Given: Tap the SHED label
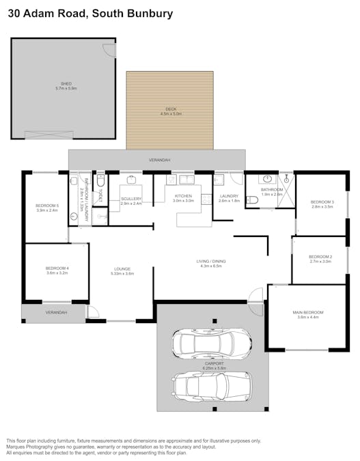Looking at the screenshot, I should [x=66, y=85].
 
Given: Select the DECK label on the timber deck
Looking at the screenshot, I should [x=171, y=109].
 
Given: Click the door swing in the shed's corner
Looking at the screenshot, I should [x=107, y=49].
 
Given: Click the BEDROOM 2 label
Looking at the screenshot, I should [x=320, y=257].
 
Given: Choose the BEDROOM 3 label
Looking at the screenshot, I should [x=322, y=201].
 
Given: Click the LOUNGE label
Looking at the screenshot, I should [x=122, y=268].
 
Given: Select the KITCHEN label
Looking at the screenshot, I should [x=183, y=196].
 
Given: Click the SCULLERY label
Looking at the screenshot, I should [x=130, y=199].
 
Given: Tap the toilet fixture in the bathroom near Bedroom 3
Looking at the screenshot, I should [x=251, y=200].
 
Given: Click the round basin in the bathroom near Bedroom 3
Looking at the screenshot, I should [x=268, y=179].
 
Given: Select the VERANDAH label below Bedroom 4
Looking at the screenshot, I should [x=57, y=312].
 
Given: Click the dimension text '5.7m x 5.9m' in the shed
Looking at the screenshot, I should [x=66, y=89].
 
